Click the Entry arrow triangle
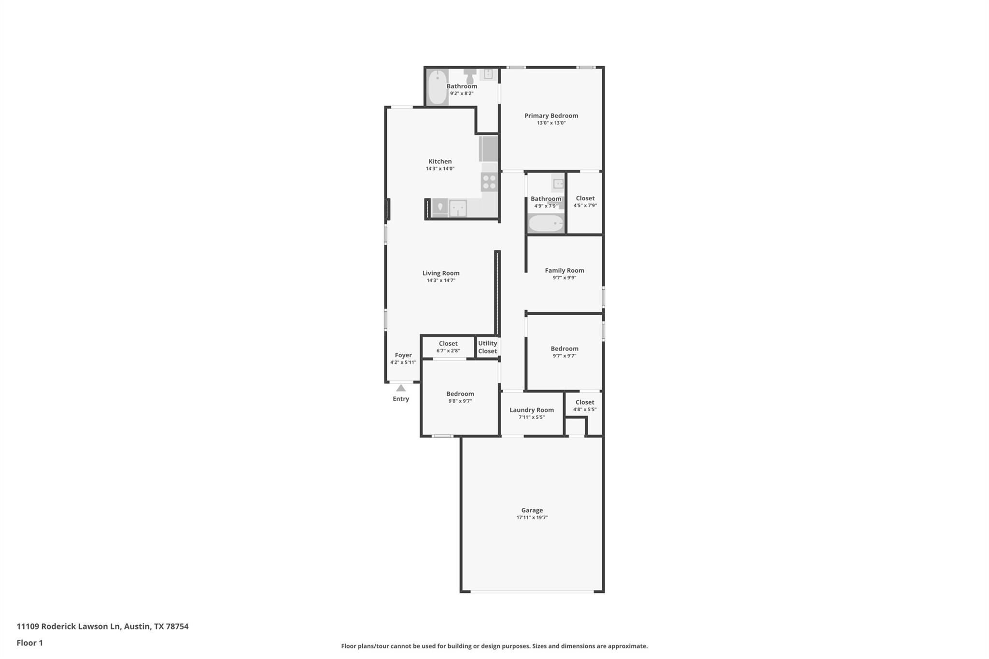(401, 388)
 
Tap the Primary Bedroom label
(551, 116)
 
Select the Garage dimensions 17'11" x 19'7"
(532, 518)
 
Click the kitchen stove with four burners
(489, 182)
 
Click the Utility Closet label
(487, 347)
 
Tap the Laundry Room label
(531, 410)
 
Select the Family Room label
(564, 271)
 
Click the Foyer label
(403, 355)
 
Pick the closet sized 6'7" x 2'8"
(448, 347)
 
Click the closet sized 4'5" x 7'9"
(585, 202)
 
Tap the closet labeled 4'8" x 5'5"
(584, 406)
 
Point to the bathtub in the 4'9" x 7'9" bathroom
(546, 224)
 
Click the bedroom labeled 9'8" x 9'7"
(460, 397)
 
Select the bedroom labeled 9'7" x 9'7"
(564, 352)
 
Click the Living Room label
(440, 273)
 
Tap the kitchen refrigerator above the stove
(488, 149)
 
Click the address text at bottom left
(102, 627)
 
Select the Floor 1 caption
(30, 643)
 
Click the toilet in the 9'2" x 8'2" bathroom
(470, 75)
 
